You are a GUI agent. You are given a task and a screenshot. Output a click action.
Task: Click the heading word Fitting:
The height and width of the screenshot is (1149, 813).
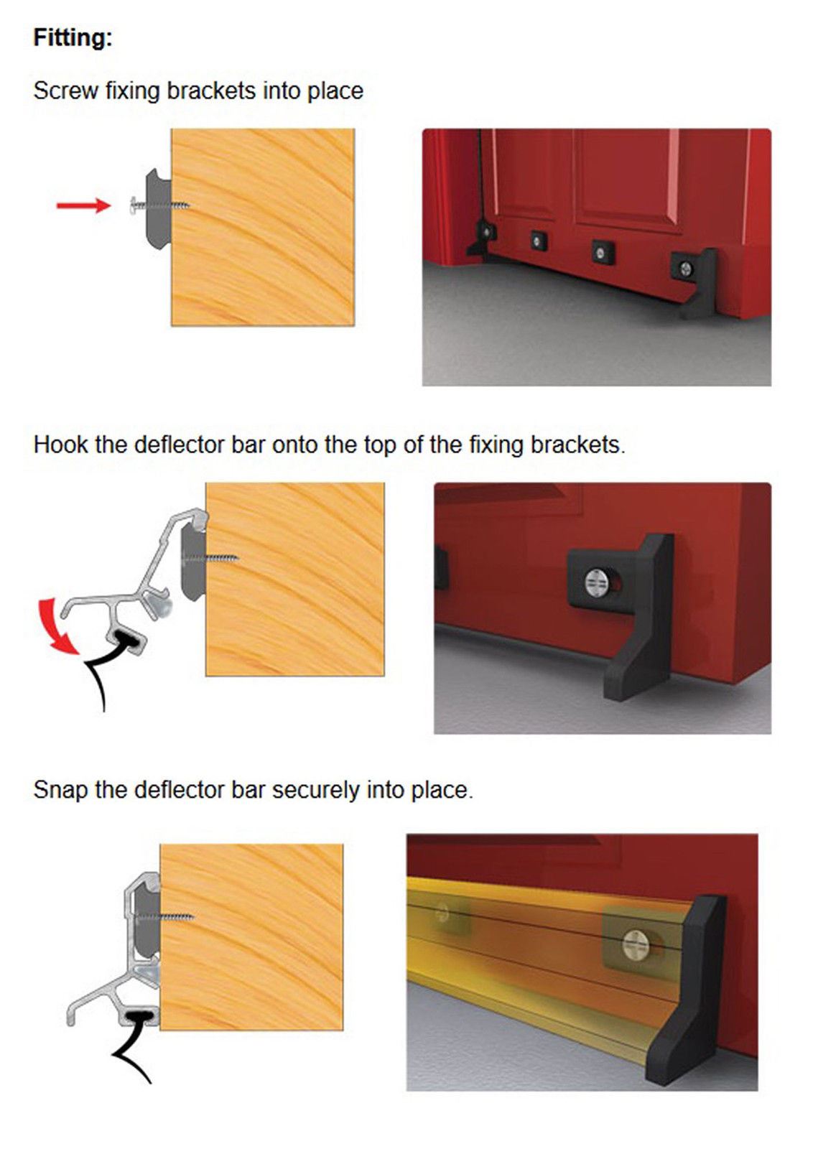point(73,37)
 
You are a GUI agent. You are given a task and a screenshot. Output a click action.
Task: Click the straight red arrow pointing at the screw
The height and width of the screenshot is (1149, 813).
point(82,206)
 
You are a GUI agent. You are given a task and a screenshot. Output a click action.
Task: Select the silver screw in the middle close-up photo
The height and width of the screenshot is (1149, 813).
point(597,581)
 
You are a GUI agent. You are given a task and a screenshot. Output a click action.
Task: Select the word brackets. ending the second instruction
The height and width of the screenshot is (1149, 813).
point(577,445)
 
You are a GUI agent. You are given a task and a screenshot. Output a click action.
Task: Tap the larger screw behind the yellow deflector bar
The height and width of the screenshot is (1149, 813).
point(636,942)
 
